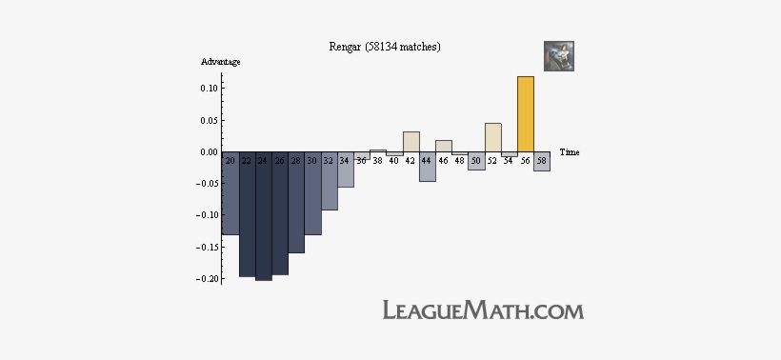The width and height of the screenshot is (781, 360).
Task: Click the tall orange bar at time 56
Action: coord(525,114)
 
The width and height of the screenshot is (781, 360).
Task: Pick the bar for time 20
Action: coord(230,200)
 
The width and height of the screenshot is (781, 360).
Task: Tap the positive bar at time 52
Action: coord(492,137)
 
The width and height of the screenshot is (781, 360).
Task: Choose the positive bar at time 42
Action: coord(411,141)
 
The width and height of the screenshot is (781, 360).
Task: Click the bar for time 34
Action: coord(345,176)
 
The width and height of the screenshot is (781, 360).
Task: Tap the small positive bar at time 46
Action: coord(443,146)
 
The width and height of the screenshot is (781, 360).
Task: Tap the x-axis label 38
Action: coord(377,161)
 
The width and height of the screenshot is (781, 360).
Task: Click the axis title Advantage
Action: coord(220,62)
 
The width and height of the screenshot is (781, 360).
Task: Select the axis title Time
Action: coord(570,152)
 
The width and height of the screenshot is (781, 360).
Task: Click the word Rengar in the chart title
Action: coord(347,46)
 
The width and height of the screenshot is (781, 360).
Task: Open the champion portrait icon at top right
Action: coord(559,56)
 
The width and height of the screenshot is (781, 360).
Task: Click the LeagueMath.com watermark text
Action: coord(483,310)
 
